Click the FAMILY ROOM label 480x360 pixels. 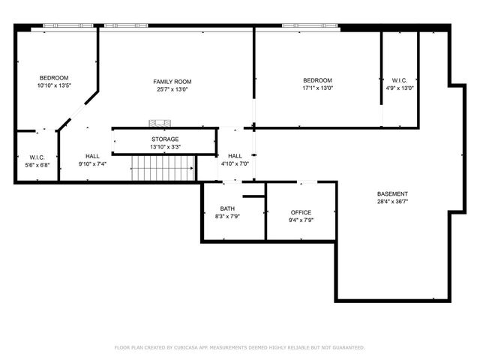172,81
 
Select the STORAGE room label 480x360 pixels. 165,139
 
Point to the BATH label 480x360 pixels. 227,208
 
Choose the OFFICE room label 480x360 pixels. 301,212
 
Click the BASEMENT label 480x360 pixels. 392,193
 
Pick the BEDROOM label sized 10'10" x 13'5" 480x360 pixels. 54,78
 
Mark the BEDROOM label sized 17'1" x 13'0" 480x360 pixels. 317,80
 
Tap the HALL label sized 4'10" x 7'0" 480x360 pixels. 235,155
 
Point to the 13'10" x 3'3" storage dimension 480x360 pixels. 165,146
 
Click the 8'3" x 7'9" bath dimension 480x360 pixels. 227,216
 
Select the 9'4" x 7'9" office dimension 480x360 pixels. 301,220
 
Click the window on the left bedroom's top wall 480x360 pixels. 69,25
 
